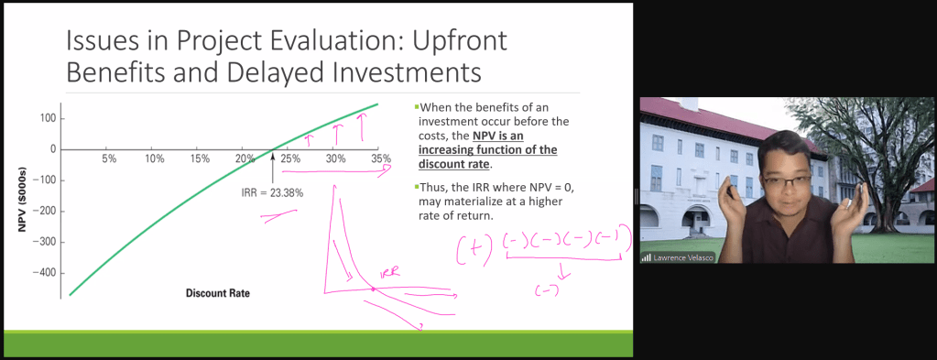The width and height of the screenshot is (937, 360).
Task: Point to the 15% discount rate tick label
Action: click(x=199, y=158)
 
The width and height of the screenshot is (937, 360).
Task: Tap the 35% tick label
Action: click(x=381, y=158)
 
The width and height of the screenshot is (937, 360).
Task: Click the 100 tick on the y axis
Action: click(x=48, y=118)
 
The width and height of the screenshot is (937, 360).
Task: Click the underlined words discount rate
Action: click(x=453, y=164)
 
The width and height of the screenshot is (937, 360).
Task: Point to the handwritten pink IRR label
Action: click(x=390, y=275)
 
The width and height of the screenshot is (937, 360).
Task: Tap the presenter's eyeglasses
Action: click(x=783, y=180)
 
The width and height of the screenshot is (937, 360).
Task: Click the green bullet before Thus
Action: click(x=416, y=185)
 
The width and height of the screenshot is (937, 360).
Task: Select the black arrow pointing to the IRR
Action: click(x=273, y=168)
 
